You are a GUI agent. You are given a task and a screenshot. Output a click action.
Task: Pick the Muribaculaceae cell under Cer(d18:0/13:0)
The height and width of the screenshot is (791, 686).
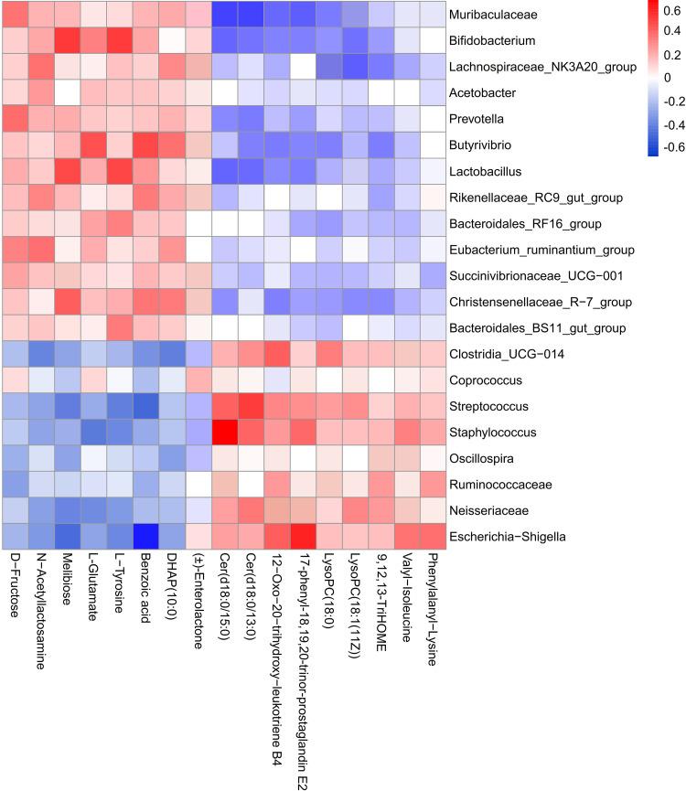click(249, 15)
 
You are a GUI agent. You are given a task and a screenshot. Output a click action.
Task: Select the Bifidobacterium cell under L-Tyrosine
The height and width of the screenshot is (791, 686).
click(119, 41)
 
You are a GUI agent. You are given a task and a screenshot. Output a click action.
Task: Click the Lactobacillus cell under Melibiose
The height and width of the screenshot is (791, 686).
click(67, 172)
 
